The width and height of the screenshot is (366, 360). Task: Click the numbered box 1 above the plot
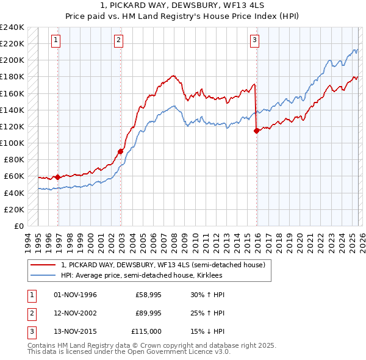56,41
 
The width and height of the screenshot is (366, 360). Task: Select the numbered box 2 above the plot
118,41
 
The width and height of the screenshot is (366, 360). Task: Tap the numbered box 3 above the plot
254,41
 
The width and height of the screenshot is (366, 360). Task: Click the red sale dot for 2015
256,130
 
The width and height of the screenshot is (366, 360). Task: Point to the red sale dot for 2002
121,151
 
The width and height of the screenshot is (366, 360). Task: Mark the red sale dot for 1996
58,177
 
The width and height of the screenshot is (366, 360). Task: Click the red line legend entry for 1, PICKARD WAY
163,265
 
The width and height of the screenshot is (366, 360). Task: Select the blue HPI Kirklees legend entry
142,276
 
